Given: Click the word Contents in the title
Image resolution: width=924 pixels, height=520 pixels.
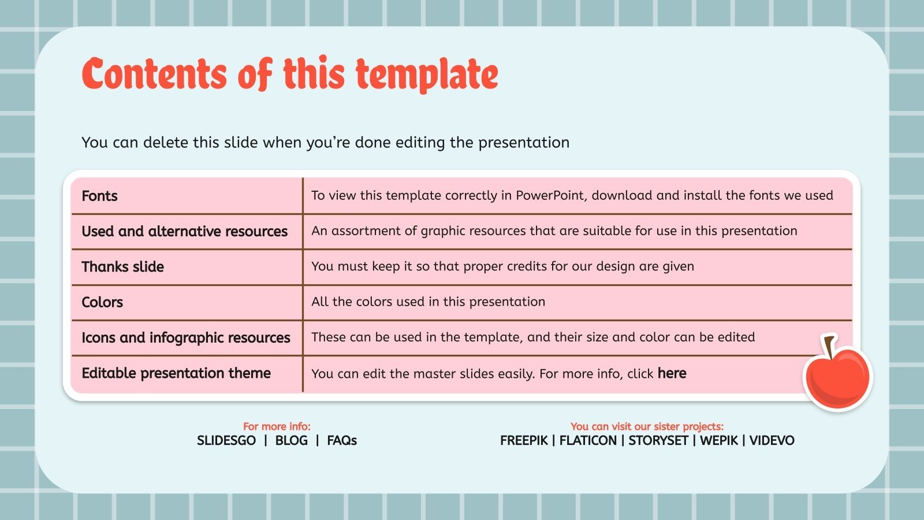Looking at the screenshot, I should [x=155, y=75].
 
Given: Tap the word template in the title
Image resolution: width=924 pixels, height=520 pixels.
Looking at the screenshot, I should [x=426, y=75].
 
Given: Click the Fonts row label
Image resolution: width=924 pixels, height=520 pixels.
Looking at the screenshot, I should [x=99, y=196].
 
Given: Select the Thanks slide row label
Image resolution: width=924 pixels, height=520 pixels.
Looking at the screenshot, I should [x=122, y=266].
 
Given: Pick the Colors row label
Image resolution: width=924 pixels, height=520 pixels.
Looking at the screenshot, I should [x=102, y=302].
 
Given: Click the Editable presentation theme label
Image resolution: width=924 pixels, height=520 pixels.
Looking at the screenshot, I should [x=176, y=373].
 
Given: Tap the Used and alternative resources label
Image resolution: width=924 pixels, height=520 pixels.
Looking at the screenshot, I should [x=184, y=231].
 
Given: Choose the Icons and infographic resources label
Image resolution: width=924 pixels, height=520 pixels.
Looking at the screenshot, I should [x=185, y=337].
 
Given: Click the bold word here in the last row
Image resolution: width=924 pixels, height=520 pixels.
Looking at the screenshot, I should [x=672, y=373].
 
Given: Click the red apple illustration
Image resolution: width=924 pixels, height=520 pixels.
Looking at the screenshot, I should [x=837, y=378].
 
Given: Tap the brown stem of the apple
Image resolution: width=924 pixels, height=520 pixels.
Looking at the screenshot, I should [x=830, y=346].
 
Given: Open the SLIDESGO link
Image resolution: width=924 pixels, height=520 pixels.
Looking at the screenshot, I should [x=226, y=441].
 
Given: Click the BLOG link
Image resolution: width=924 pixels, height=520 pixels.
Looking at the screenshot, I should [x=291, y=441].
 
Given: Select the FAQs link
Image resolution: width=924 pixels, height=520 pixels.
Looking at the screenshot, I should [x=342, y=441].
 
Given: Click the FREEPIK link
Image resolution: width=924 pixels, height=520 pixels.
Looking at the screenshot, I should [x=523, y=441].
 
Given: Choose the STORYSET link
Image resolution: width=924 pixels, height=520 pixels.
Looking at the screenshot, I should [x=658, y=441].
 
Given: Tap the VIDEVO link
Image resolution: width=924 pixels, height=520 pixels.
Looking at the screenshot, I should [x=772, y=441].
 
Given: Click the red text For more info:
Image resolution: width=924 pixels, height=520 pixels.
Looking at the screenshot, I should [x=277, y=426].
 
